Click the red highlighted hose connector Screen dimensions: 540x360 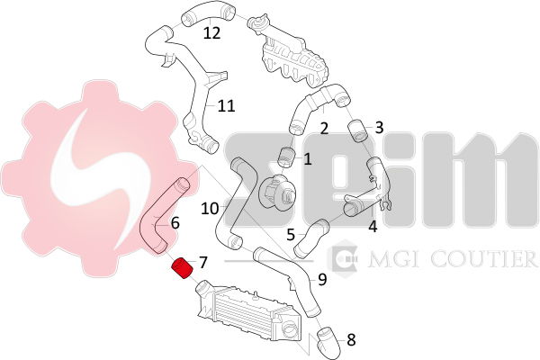point(183,268)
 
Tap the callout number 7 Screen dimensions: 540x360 point(203,263)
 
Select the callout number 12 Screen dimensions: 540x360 point(211,33)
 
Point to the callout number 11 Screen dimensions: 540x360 point(226,106)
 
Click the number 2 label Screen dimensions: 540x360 point(324,129)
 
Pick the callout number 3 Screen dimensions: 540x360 point(379,128)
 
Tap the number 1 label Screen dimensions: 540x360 point(308,159)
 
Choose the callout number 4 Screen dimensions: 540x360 point(373,226)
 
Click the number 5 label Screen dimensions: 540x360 point(291,235)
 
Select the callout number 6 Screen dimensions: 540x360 point(175,223)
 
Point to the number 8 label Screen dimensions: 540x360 point(351,340)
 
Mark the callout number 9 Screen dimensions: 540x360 point(322,279)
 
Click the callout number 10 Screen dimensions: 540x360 point(210,209)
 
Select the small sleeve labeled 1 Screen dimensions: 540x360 point(286,157)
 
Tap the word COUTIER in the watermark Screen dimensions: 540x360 point(484,259)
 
